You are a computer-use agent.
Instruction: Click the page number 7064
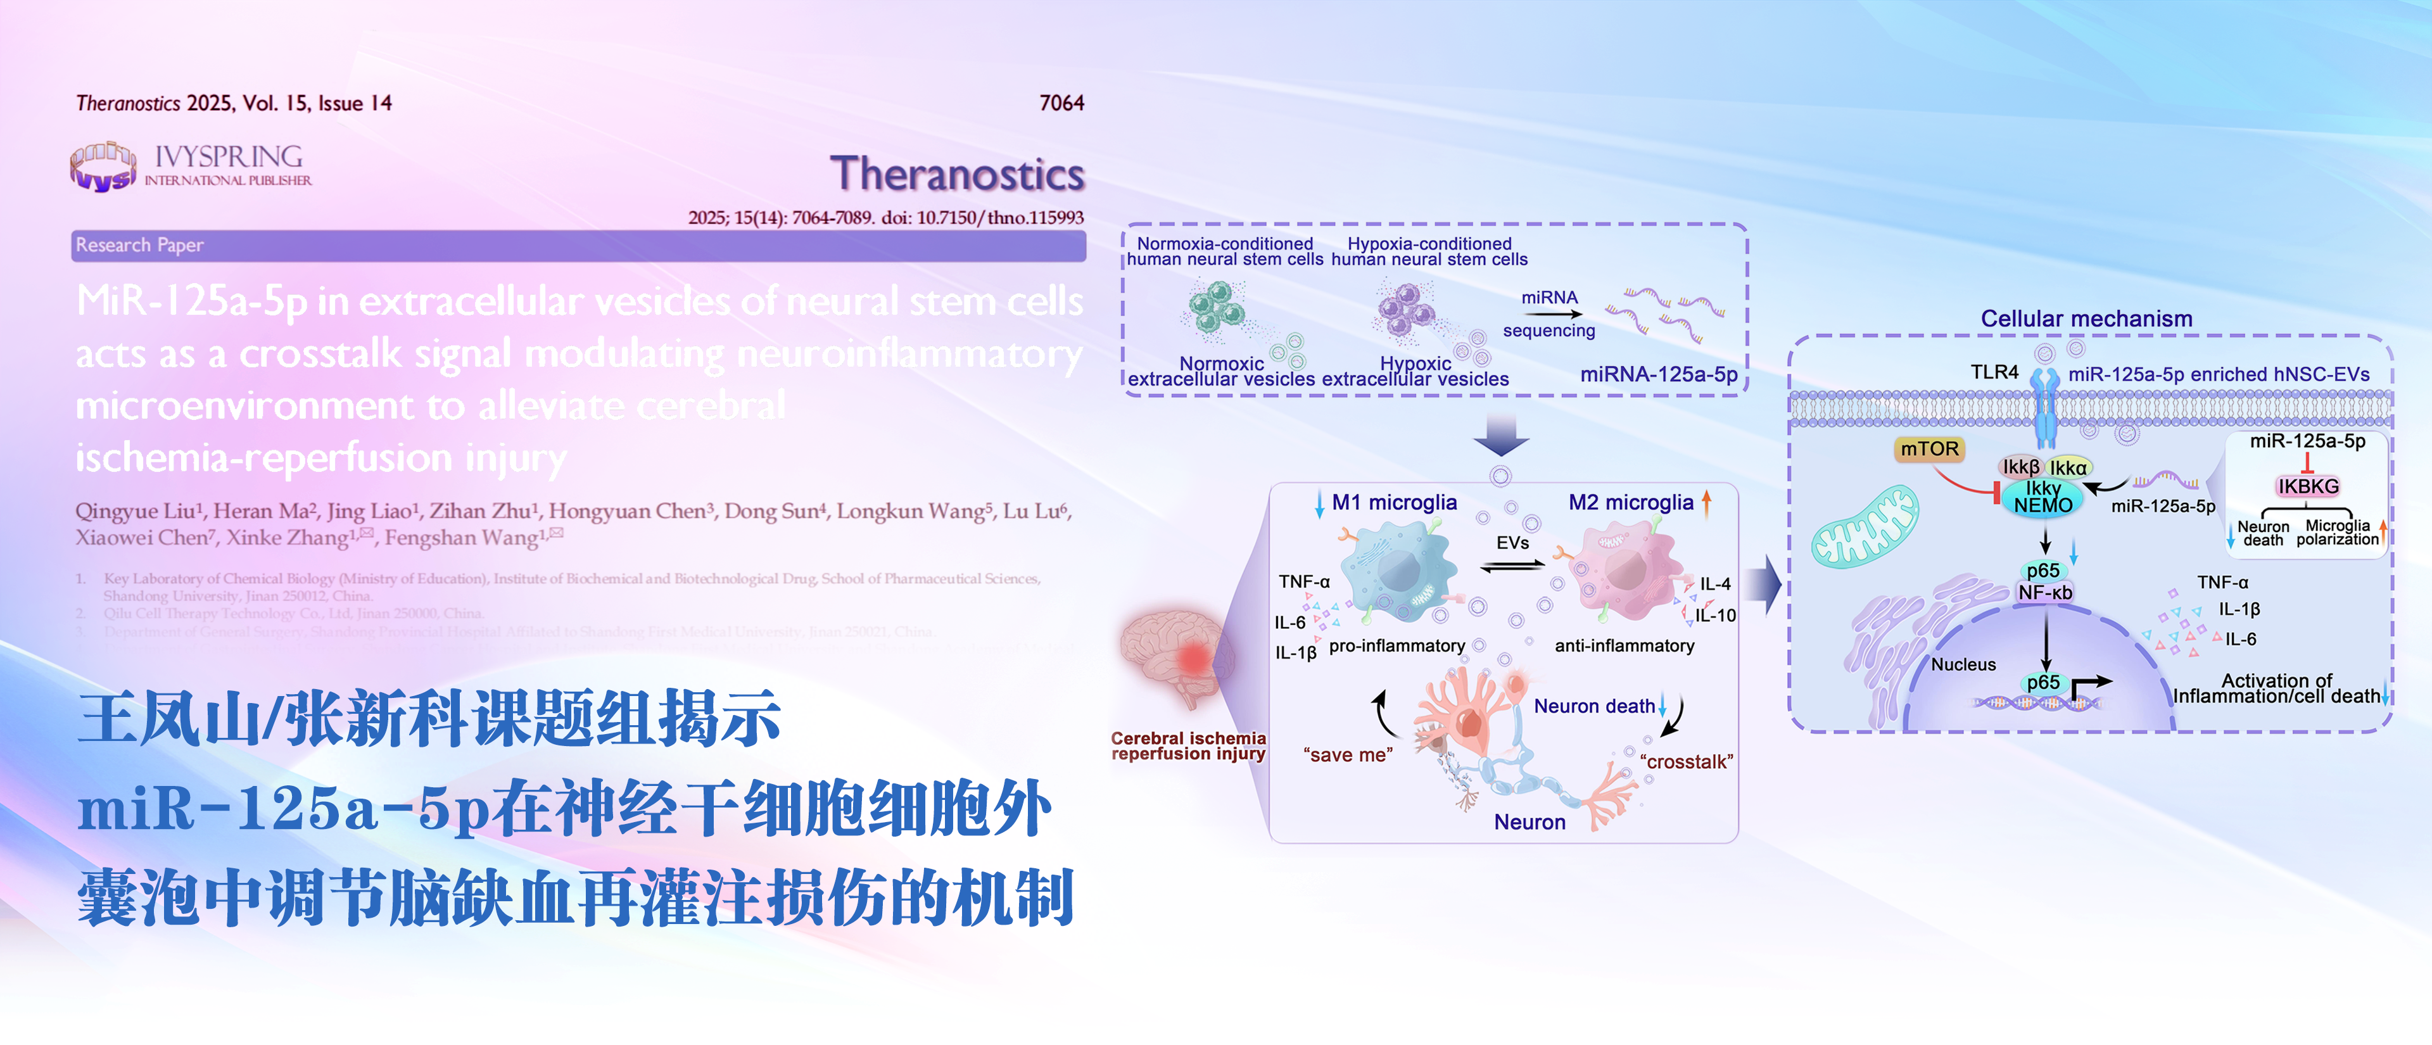1061,103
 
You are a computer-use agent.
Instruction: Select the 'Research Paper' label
140,246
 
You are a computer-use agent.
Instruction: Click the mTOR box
1928,448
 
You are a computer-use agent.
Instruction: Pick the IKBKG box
2307,486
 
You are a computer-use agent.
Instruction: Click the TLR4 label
1994,372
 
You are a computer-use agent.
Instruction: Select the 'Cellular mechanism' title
2086,319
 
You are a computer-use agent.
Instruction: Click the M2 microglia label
1630,502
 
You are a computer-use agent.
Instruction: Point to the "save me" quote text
1347,755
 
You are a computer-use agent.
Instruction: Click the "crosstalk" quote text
1686,761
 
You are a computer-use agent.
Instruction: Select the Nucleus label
1963,664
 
